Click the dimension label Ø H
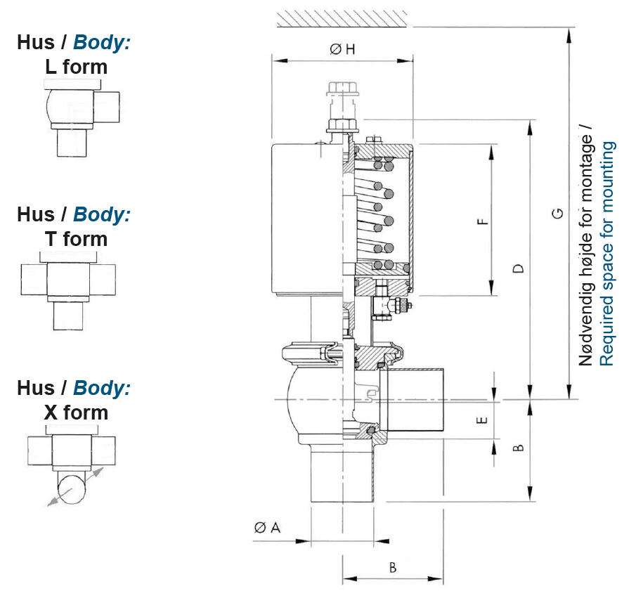pyautogui.click(x=342, y=49)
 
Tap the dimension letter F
pyautogui.click(x=483, y=222)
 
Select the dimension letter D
pyautogui.click(x=519, y=269)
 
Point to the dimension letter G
pyautogui.click(x=557, y=213)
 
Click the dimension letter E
pyautogui.click(x=482, y=420)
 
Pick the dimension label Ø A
pyautogui.click(x=267, y=527)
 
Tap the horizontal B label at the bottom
pyautogui.click(x=393, y=567)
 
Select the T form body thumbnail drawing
pyautogui.click(x=69, y=288)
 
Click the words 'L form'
pyautogui.click(x=75, y=67)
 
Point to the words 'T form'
pyautogui.click(x=76, y=239)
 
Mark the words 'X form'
pyautogui.click(x=76, y=412)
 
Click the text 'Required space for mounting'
pyautogui.click(x=607, y=254)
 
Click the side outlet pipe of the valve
pyautogui.click(x=415, y=399)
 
